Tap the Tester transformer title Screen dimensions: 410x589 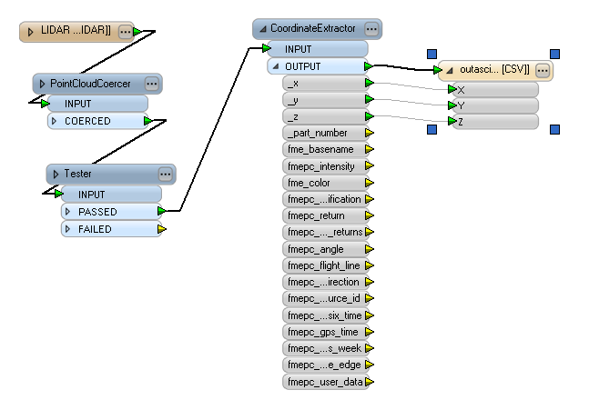pos(77,174)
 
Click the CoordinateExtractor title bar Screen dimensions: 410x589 pos(309,28)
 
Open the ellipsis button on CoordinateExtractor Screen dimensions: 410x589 pos(370,29)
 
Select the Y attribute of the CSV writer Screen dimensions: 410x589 pos(492,105)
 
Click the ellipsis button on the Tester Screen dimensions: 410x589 pos(165,174)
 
